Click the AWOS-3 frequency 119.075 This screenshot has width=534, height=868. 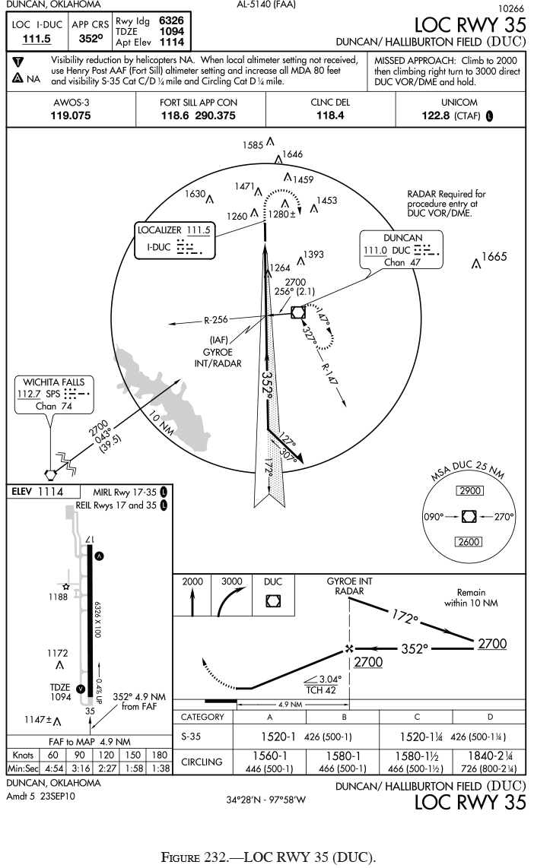pyautogui.click(x=71, y=116)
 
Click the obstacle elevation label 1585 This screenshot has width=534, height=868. pyautogui.click(x=253, y=144)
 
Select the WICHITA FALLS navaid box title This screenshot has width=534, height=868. pyautogui.click(x=52, y=382)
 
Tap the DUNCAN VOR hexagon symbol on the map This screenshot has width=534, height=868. pyautogui.click(x=298, y=312)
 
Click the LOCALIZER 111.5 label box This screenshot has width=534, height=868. pyautogui.click(x=175, y=230)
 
